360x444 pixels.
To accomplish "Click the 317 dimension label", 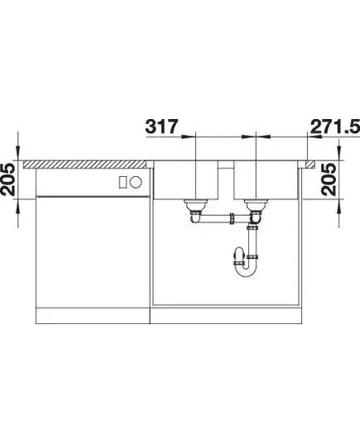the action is click(161, 127).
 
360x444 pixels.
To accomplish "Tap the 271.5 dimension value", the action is click(335, 127).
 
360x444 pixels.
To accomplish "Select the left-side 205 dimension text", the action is click(7, 179).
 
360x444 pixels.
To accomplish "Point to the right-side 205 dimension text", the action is click(329, 179).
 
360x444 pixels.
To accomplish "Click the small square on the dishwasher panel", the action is click(123, 182).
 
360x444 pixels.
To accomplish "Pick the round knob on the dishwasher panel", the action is click(136, 182).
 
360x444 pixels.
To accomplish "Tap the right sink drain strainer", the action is click(257, 205).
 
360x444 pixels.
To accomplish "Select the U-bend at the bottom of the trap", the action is click(246, 270).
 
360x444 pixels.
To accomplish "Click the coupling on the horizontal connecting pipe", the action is click(233, 218).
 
